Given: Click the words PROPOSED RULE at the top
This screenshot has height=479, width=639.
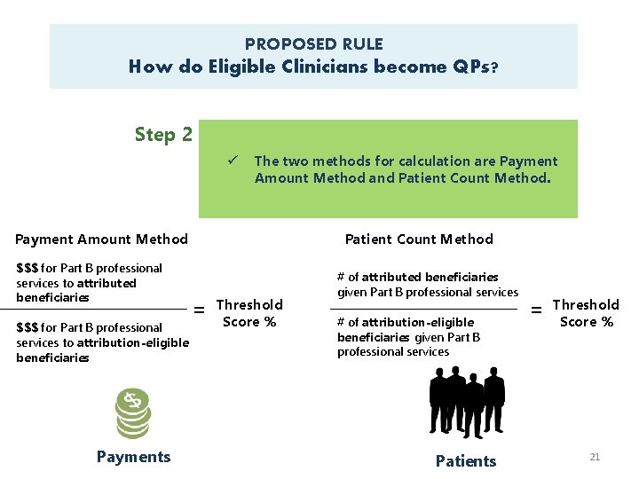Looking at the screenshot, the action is [x=313, y=43].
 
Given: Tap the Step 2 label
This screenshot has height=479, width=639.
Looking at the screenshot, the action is [x=163, y=135].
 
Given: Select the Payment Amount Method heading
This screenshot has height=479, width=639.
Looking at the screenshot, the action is [x=102, y=239].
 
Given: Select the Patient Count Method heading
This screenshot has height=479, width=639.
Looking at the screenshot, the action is [x=419, y=239].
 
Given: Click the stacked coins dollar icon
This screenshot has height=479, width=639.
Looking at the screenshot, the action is [x=134, y=414].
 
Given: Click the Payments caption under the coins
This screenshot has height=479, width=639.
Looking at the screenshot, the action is [x=133, y=457].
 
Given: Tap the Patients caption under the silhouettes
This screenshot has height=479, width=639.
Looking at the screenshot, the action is [x=466, y=460].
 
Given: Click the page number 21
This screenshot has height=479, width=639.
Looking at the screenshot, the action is [x=595, y=457].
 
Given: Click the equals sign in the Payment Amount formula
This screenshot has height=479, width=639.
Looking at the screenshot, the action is [x=200, y=310].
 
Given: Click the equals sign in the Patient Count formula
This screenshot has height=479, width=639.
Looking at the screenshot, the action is [x=536, y=310].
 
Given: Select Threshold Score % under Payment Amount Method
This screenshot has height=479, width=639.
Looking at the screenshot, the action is [x=249, y=313].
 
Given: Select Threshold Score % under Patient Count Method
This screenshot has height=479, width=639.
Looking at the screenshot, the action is [x=586, y=313].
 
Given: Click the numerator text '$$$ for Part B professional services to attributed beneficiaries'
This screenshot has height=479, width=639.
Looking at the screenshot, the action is [x=89, y=282].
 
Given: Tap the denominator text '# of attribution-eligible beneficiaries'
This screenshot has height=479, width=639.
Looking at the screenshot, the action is [x=408, y=336].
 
